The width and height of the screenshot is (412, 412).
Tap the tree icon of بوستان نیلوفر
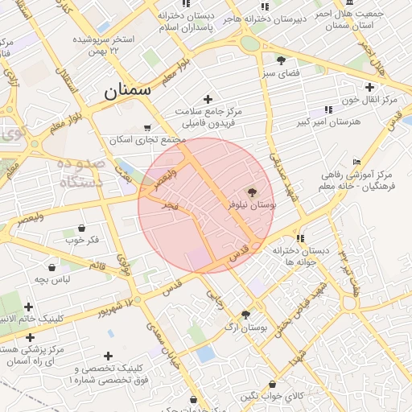tap(253, 192)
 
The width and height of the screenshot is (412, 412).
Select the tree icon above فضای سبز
tap(281, 60)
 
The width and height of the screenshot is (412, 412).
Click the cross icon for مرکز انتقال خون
tap(369, 87)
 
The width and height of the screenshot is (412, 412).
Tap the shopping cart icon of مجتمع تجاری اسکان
tap(146, 127)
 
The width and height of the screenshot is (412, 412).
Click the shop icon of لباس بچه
tap(52, 267)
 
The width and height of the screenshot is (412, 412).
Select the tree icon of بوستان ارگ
tap(245, 315)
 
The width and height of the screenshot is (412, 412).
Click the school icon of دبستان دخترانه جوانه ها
tap(300, 238)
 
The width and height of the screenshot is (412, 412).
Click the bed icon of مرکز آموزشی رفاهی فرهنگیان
tap(357, 162)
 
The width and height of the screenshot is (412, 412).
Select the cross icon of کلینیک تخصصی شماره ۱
tap(109, 356)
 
